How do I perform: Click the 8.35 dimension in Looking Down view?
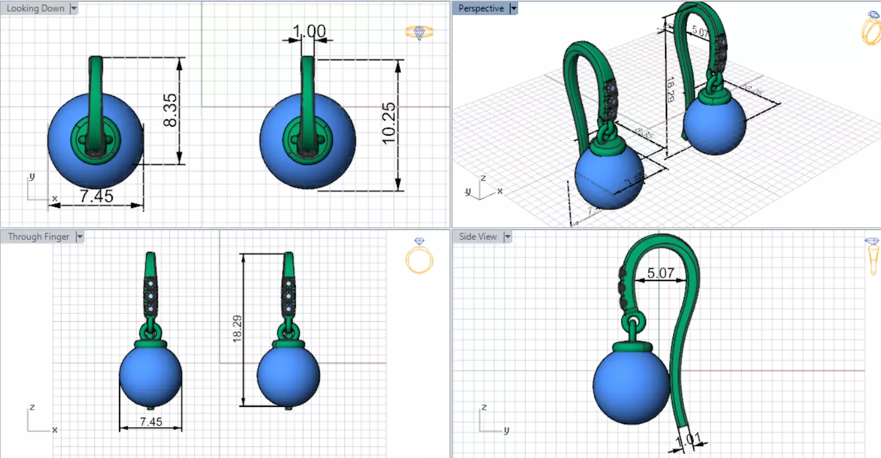[x=171, y=111]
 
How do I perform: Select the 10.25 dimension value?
[x=389, y=122]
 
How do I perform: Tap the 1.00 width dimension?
[x=309, y=31]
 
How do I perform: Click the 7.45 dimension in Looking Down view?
[x=96, y=196]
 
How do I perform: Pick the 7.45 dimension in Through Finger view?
[x=151, y=422]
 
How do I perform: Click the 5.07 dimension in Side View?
[x=660, y=273]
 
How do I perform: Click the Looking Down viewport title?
[x=35, y=8]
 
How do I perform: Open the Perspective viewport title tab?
[x=480, y=8]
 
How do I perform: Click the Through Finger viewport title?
[x=39, y=237]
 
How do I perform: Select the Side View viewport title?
[x=477, y=237]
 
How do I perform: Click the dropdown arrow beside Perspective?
[x=513, y=8]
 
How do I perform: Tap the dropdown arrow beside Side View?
[x=507, y=237]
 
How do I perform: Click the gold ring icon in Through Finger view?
[x=419, y=256]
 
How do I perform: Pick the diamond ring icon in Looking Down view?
[x=419, y=33]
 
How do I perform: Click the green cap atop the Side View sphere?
[x=633, y=347]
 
